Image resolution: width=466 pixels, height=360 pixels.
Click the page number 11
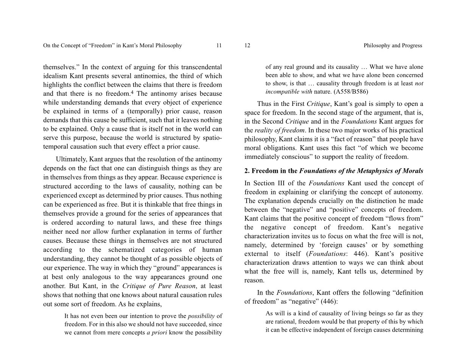coord(219,46)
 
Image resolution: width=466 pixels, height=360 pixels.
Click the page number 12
coord(247,46)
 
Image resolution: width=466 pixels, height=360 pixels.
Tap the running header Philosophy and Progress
coord(393,46)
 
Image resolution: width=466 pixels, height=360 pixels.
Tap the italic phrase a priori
coord(157,333)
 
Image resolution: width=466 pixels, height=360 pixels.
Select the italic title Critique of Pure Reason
coord(159,286)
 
